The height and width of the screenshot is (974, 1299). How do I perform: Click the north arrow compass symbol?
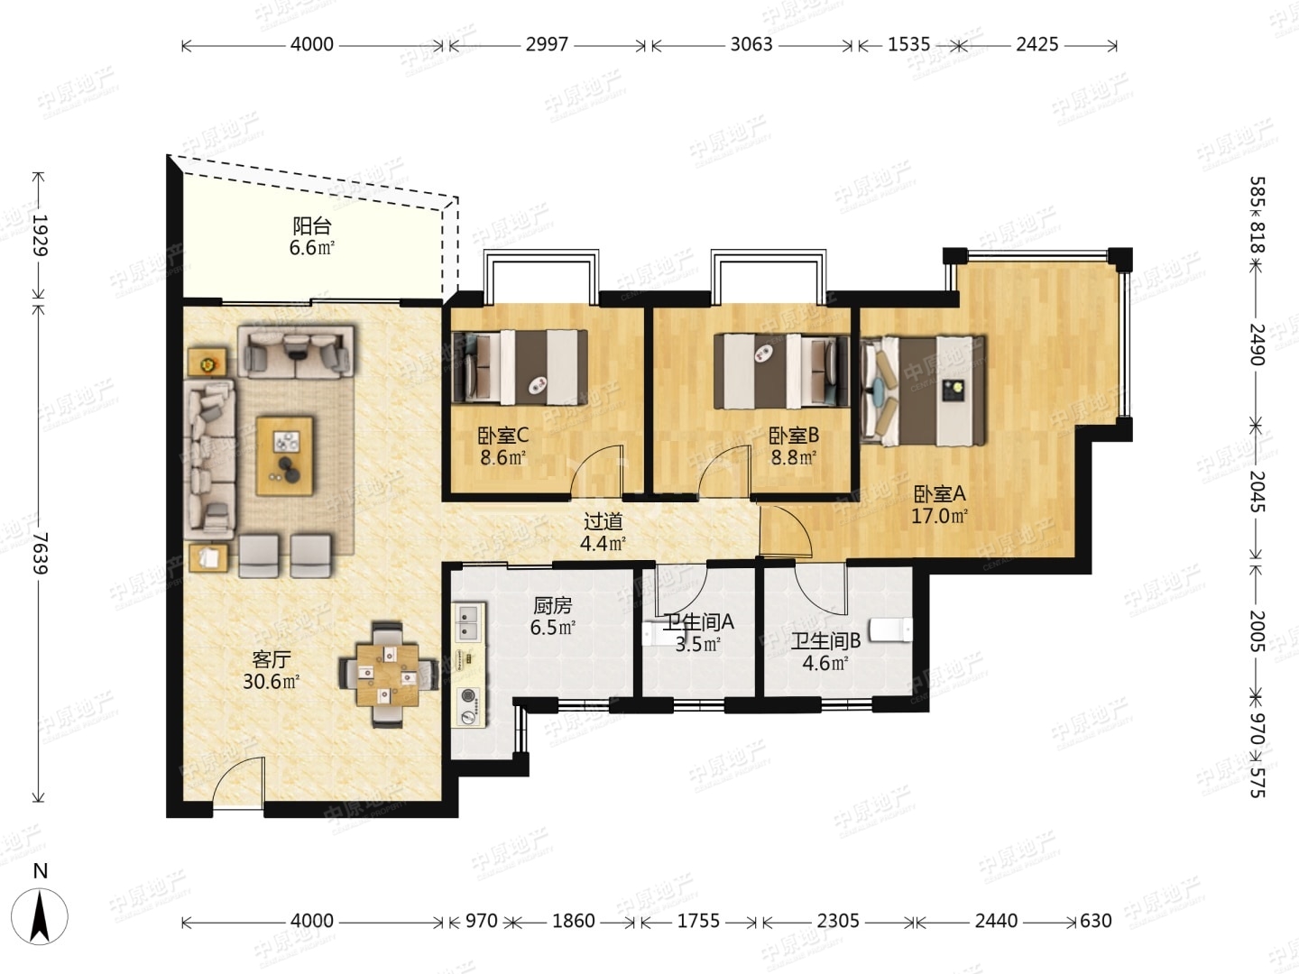(x=40, y=916)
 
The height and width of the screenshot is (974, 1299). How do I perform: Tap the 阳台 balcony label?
(x=312, y=225)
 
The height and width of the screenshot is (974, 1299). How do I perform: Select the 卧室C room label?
(x=503, y=436)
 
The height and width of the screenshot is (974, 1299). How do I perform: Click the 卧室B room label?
(x=794, y=436)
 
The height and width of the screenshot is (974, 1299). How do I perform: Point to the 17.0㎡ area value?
(x=939, y=516)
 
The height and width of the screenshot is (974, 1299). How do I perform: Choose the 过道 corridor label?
(x=603, y=521)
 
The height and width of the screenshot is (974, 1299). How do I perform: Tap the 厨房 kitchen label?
(x=552, y=605)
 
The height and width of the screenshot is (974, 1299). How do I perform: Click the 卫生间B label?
(x=826, y=640)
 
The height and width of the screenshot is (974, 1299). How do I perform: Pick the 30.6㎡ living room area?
(x=271, y=682)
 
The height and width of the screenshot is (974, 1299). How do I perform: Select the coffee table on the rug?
(x=284, y=455)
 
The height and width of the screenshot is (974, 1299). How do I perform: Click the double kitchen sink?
(x=469, y=622)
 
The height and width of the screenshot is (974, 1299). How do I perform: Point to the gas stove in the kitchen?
(x=469, y=706)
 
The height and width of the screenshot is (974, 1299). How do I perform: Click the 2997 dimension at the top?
(x=547, y=44)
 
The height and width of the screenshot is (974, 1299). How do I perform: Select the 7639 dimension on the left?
(x=39, y=553)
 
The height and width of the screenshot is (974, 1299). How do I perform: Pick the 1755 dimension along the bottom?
(x=698, y=921)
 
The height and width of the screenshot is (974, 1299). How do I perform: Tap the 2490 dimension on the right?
(x=1257, y=345)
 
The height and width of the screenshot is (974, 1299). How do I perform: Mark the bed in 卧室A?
(x=923, y=391)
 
